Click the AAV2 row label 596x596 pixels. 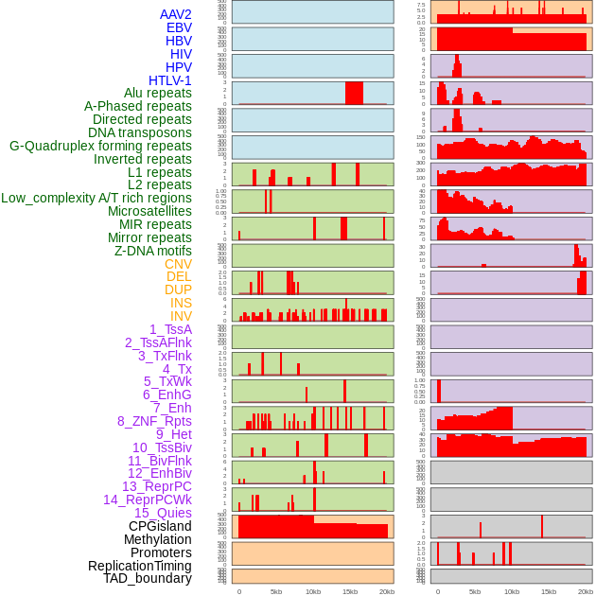(176, 14)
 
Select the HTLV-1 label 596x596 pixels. (170, 80)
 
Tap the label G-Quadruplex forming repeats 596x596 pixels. (100, 146)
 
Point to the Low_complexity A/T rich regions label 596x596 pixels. (96, 198)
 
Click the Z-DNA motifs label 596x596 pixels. (153, 251)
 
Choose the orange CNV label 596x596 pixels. (178, 264)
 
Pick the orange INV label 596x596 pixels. (181, 316)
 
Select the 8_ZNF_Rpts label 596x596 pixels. (154, 421)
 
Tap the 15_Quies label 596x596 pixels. (163, 513)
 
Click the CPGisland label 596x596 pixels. (160, 526)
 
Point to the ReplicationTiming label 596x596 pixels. (140, 566)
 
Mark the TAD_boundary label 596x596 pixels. (148, 578)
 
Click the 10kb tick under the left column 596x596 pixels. (313, 591)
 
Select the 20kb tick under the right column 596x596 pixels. (585, 591)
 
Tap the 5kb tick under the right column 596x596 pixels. (474, 591)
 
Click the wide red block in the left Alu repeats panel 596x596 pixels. (354, 93)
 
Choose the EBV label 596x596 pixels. (179, 27)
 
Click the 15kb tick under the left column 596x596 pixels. (350, 591)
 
